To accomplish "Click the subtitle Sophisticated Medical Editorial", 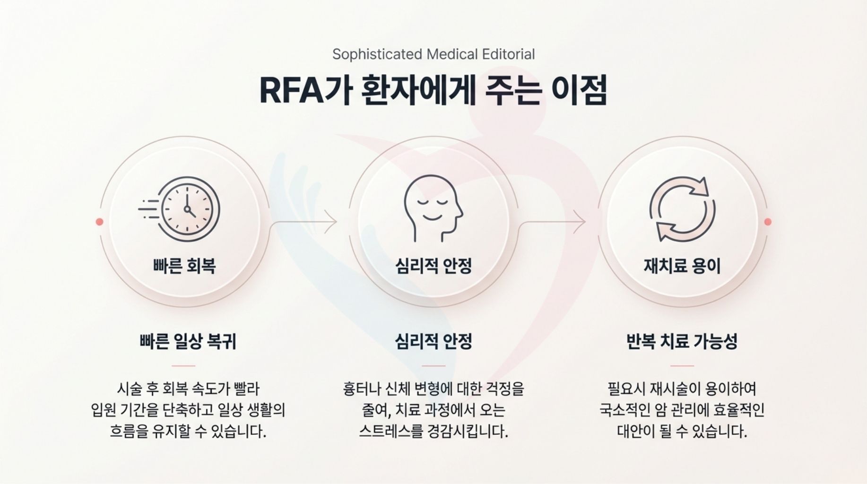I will click(x=433, y=54).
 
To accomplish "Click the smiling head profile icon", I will click(x=433, y=208).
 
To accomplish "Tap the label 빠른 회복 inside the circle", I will click(x=184, y=266).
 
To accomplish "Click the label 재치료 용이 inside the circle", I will click(x=682, y=266).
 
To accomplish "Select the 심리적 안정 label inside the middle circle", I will click(x=433, y=266).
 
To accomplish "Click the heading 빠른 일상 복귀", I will click(x=188, y=341).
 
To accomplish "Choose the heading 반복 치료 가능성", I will click(x=682, y=341).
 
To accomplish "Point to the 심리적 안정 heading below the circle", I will click(x=433, y=341).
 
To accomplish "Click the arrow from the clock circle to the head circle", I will click(x=305, y=221).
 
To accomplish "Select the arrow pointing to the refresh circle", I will click(x=553, y=221).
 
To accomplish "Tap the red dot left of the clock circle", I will click(x=99, y=221).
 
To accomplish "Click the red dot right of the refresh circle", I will click(x=768, y=221).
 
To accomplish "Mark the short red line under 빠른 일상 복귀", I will click(x=183, y=365).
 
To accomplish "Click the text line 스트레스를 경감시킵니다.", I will click(x=433, y=431).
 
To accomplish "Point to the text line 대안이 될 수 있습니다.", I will click(x=682, y=431).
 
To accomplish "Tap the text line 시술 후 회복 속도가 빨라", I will click(x=188, y=389).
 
